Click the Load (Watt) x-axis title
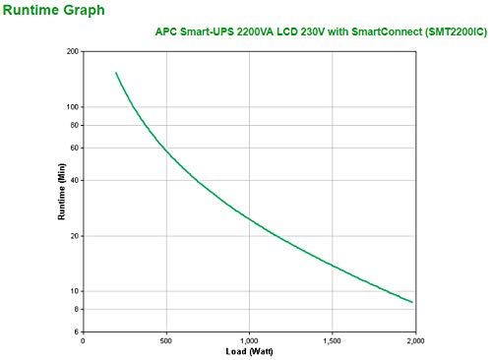247,351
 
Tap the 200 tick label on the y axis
71,50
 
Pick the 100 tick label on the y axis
71,106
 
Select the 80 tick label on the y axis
73,125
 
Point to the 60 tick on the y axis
73,148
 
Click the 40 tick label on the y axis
73,180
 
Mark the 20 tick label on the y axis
73,236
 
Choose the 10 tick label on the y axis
73,291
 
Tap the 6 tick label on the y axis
76,332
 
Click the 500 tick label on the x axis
165,340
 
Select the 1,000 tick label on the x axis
248,340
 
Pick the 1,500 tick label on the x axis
332,340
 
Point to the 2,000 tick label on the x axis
414,340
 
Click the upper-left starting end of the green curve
116,72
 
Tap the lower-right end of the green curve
412,303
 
